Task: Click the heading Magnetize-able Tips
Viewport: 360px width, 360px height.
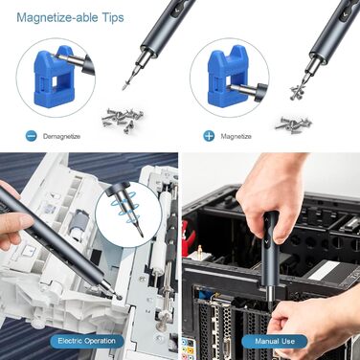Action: coord(70,17)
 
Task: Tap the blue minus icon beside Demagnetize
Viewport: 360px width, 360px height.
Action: coord(32,136)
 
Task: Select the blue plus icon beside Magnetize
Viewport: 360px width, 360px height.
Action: coord(209,136)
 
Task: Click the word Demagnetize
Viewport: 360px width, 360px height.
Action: coord(61,136)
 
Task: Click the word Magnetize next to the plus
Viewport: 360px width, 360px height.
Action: coord(236,136)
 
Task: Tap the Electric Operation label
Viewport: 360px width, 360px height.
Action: coord(86,341)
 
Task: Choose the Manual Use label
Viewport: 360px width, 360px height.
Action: coord(275,342)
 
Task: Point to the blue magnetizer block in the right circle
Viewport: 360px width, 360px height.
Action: coord(227,77)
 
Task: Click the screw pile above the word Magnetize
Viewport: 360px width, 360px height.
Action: coord(294,124)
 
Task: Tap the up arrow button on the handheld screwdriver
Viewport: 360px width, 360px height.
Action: coord(266,220)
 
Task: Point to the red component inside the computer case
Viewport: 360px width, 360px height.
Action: coord(189,236)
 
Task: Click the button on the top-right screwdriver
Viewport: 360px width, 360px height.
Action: coord(345,14)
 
